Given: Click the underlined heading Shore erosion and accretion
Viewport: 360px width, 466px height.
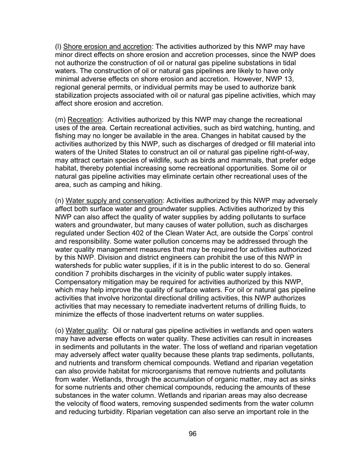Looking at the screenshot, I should click(x=107, y=47).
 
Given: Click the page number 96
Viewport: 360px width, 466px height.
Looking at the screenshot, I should click(x=193, y=434).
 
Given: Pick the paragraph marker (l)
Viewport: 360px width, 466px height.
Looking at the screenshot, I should click(x=58, y=47).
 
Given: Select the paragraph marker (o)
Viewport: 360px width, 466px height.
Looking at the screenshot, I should click(x=59, y=331).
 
